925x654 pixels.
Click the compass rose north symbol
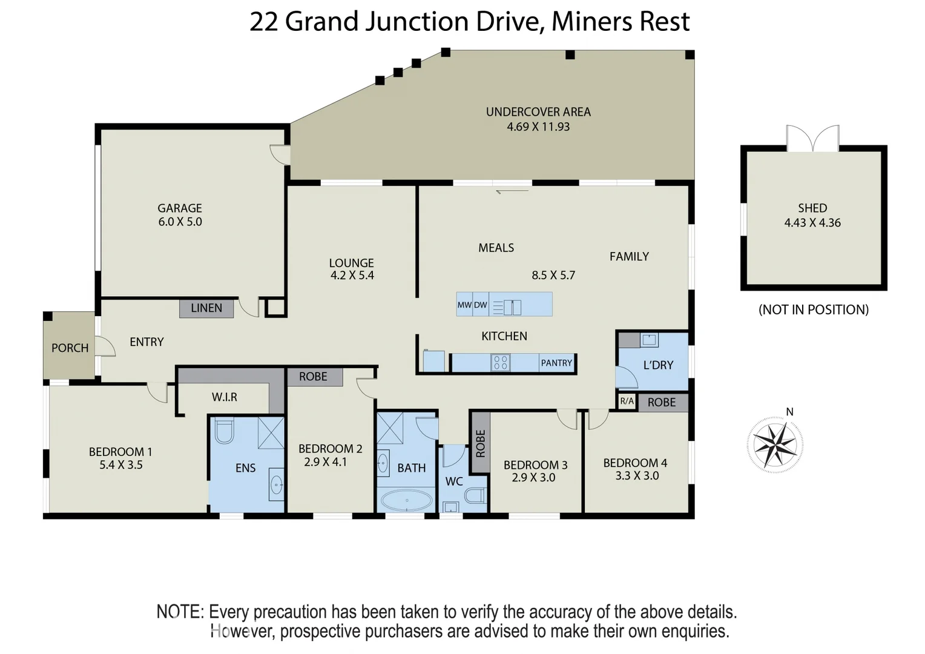(775, 444)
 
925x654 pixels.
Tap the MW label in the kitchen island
(464, 305)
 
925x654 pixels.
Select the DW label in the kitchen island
(480, 305)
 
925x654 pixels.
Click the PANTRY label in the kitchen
(556, 363)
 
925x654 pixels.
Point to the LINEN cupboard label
(206, 308)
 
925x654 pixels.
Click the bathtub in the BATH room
(406, 501)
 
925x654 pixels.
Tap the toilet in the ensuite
(224, 431)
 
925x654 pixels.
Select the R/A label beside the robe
(627, 401)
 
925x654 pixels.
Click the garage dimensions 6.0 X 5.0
(180, 222)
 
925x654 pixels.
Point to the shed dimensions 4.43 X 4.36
(812, 223)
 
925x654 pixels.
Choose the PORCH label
(70, 348)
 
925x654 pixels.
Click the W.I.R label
(224, 397)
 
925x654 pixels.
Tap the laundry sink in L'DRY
(649, 340)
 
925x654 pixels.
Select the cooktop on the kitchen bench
(500, 363)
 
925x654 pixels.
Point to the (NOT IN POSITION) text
(813, 310)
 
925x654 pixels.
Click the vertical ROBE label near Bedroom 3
(480, 443)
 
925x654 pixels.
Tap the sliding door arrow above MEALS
(512, 191)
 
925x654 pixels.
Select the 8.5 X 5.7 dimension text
(553, 276)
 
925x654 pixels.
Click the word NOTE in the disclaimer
(180, 612)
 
